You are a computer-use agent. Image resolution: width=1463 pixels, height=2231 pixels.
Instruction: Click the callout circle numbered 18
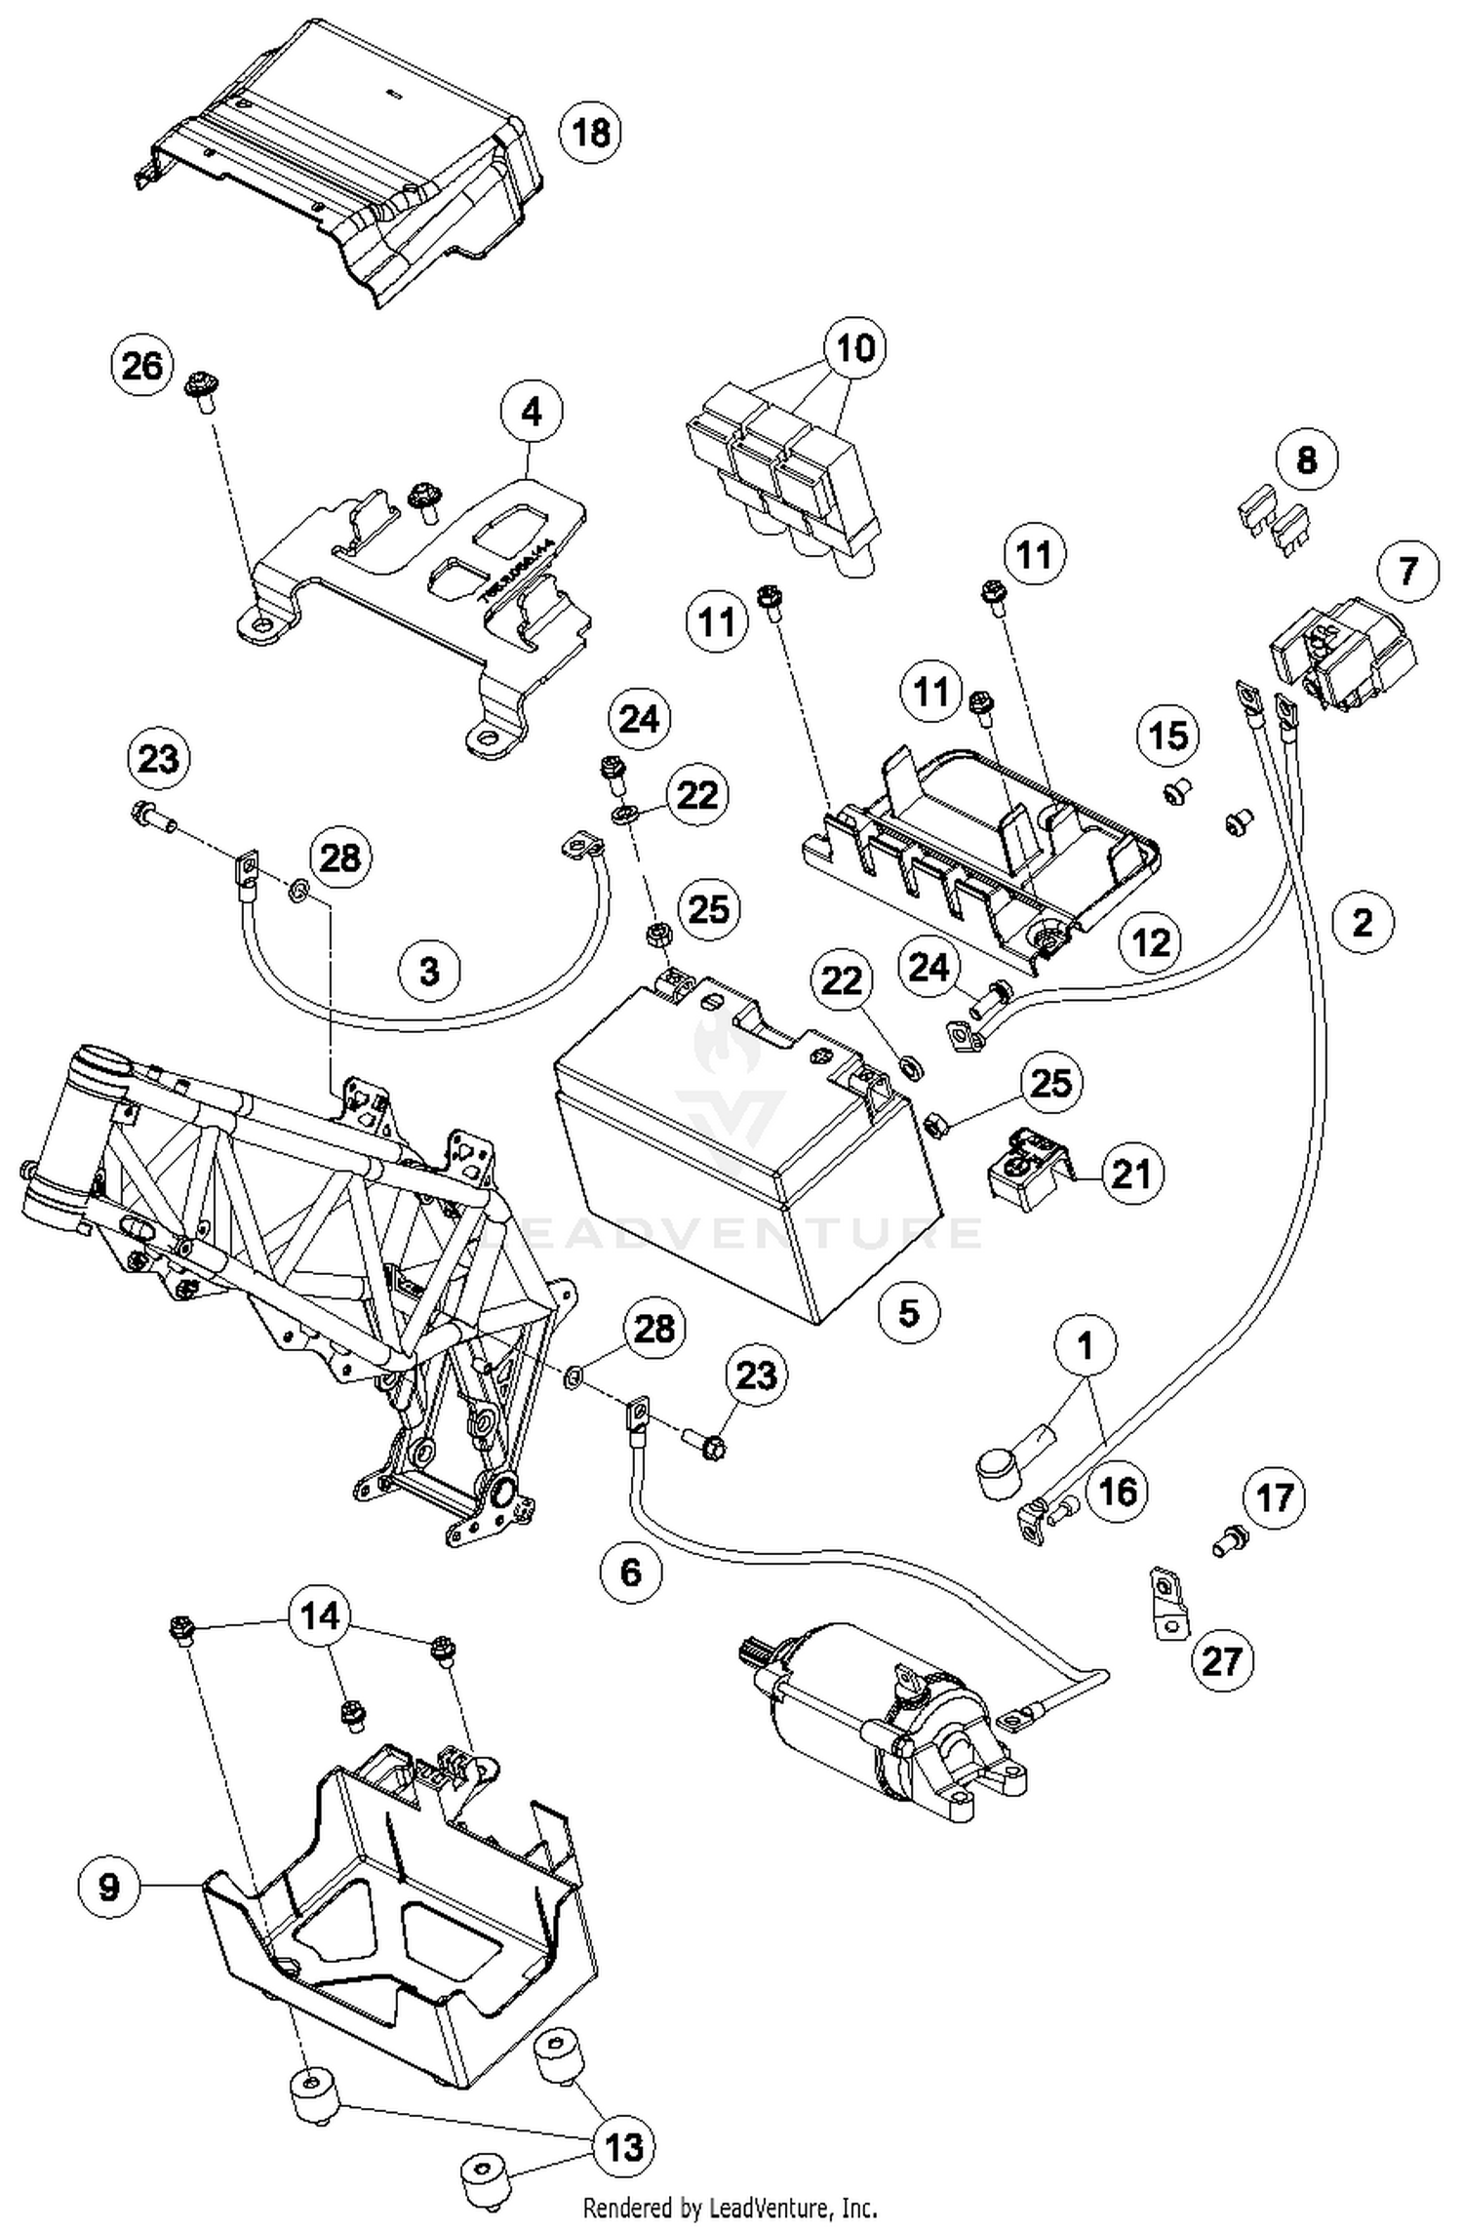(x=591, y=131)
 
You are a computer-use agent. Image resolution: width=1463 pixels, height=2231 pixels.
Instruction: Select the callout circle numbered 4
(x=532, y=414)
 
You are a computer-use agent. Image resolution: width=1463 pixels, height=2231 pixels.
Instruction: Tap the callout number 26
(x=142, y=367)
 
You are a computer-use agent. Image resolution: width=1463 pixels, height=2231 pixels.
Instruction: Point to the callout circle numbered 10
(x=854, y=348)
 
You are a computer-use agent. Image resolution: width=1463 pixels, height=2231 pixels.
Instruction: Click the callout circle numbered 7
(x=1408, y=571)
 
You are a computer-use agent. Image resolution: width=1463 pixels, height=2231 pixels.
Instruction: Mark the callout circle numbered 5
(x=909, y=1312)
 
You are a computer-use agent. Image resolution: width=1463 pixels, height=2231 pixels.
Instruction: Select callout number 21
(x=1131, y=1175)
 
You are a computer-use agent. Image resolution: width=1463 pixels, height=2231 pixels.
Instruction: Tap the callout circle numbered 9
(x=109, y=1887)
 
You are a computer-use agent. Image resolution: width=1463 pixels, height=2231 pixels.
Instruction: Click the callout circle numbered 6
(x=631, y=1572)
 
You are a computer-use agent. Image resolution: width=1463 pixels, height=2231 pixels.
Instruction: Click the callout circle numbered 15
(x=1169, y=735)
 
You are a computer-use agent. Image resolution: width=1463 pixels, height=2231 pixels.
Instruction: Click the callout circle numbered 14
(x=320, y=1616)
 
